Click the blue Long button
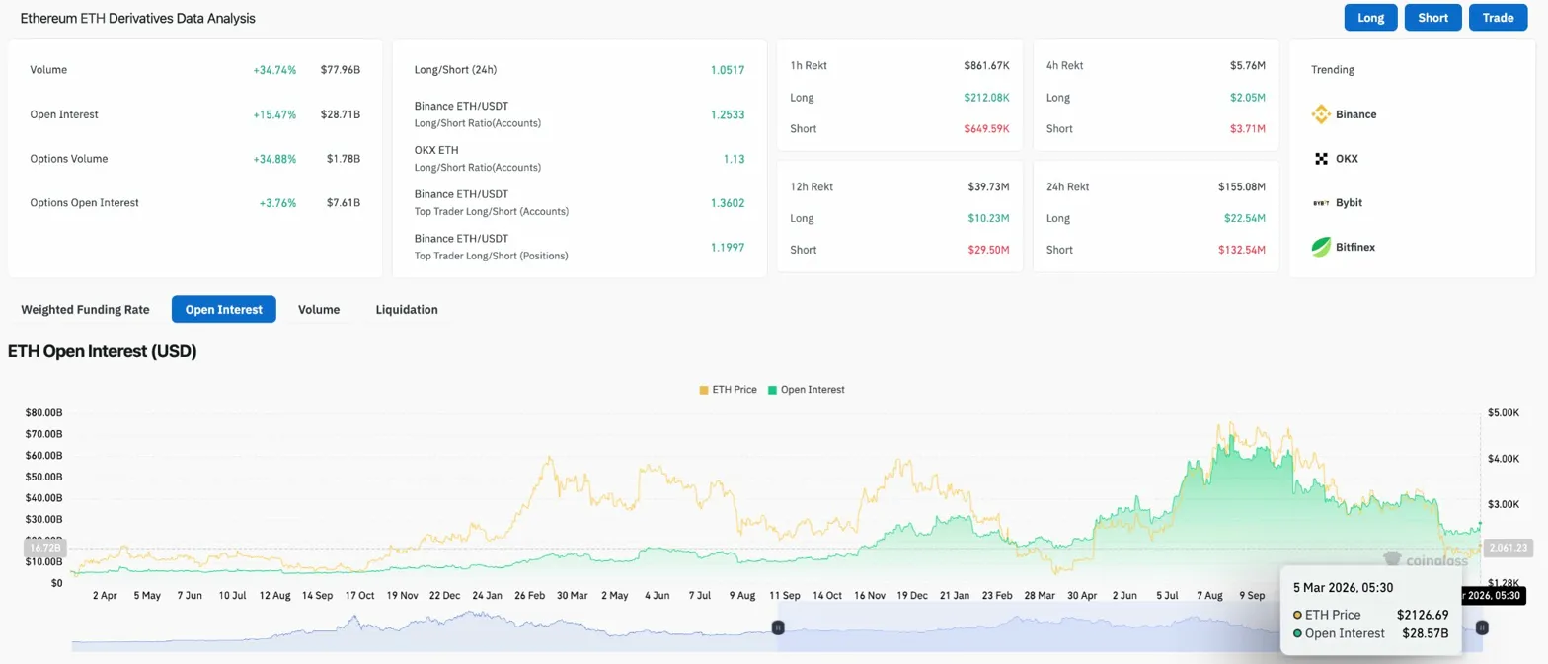(1370, 18)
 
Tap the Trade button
(1498, 18)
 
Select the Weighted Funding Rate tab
(85, 309)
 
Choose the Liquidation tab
(407, 309)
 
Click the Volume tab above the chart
(319, 309)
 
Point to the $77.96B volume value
(341, 70)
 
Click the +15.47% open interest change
(273, 114)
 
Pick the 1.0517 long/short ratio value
(727, 70)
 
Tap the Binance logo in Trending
(1321, 114)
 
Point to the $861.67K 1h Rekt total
(986, 65)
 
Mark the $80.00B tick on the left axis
(44, 412)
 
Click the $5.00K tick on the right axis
(1503, 412)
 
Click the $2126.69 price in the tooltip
(1423, 615)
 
